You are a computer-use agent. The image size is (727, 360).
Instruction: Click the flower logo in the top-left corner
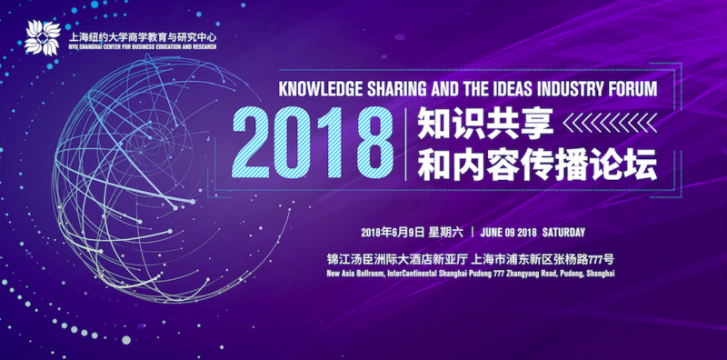pos(42,37)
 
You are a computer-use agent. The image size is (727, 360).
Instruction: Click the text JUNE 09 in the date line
pos(501,230)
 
